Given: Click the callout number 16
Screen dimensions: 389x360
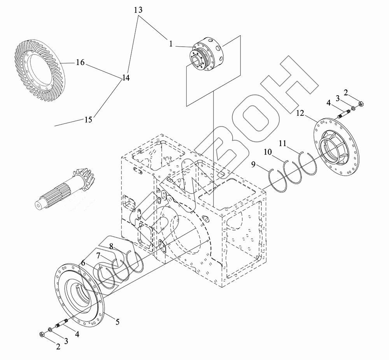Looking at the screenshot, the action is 80,63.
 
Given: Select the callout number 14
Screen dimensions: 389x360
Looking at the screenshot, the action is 125,78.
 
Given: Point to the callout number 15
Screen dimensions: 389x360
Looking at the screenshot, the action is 88,119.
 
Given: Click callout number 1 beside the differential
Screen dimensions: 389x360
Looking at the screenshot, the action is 170,44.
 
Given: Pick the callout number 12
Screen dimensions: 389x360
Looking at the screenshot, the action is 300,113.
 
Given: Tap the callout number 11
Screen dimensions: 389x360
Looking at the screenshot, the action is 283,143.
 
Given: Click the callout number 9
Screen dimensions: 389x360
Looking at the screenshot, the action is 253,165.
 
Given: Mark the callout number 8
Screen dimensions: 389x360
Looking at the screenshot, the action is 111,246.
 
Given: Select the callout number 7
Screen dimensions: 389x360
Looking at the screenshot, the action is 98,255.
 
